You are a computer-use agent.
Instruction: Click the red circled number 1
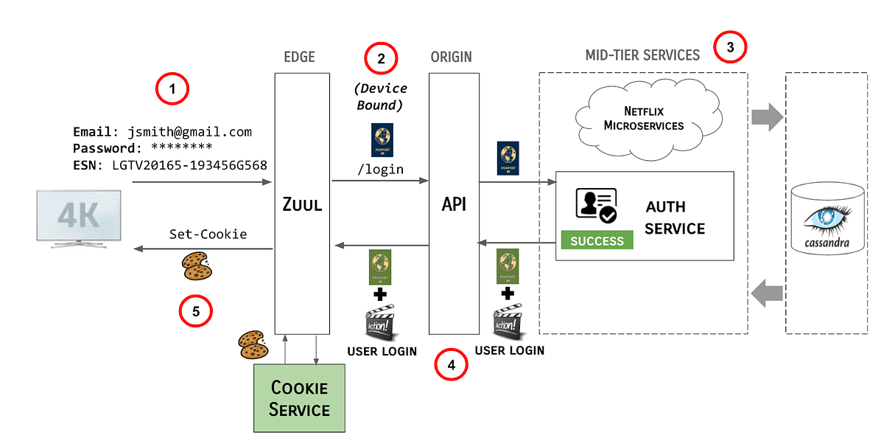pyautogui.click(x=172, y=90)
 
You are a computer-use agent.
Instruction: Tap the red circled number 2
pyautogui.click(x=381, y=60)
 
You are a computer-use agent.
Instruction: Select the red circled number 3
pyautogui.click(x=730, y=48)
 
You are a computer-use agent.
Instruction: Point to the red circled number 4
pyautogui.click(x=452, y=364)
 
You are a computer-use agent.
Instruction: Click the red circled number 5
pyautogui.click(x=196, y=311)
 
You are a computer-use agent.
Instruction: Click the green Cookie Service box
pyautogui.click(x=299, y=397)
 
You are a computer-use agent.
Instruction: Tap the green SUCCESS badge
pyautogui.click(x=597, y=240)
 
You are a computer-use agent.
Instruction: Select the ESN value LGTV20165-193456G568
pyautogui.click(x=189, y=165)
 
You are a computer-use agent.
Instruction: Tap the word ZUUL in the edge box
pyautogui.click(x=302, y=204)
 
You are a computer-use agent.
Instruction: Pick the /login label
pyautogui.click(x=380, y=170)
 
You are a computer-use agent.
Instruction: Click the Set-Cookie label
pyautogui.click(x=208, y=234)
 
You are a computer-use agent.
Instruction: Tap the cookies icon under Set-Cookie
pyautogui.click(x=197, y=265)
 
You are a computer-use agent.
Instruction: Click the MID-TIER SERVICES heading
pyautogui.click(x=642, y=55)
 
